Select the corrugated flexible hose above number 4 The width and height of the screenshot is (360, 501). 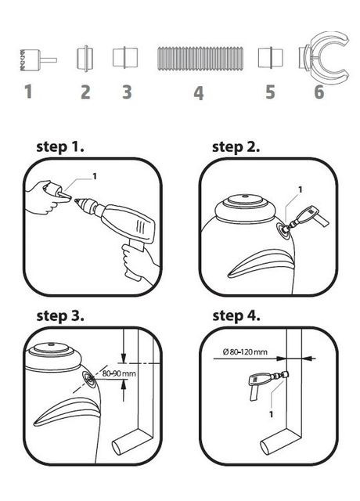pyautogui.click(x=200, y=59)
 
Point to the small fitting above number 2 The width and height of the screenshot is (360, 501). pyautogui.click(x=85, y=59)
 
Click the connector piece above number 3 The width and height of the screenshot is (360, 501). pyautogui.click(x=125, y=58)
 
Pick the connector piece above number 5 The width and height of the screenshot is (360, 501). pyautogui.click(x=270, y=58)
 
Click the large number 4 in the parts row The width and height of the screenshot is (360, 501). pyautogui.click(x=199, y=93)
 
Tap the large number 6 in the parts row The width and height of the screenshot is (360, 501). pyautogui.click(x=319, y=92)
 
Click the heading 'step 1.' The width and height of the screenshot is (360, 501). pyautogui.click(x=60, y=147)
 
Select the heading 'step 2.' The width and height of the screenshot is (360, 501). pyautogui.click(x=236, y=147)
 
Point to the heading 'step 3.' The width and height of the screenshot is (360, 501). pyautogui.click(x=60, y=315)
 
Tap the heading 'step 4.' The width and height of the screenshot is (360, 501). pyautogui.click(x=236, y=315)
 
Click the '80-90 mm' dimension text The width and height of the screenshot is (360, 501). pyautogui.click(x=119, y=373)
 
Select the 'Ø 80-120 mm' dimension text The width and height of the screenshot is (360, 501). pyautogui.click(x=245, y=351)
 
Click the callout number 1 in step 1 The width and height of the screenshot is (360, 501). pyautogui.click(x=94, y=176)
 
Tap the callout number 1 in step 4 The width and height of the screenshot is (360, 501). pyautogui.click(x=272, y=414)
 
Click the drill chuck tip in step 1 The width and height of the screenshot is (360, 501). pyautogui.click(x=76, y=200)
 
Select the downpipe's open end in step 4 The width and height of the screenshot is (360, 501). pyautogui.click(x=267, y=447)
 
